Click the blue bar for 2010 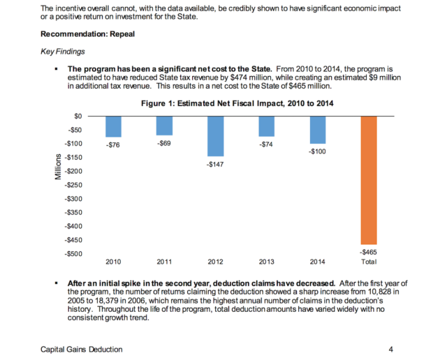point(113,126)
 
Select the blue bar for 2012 point(216,136)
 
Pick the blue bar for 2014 point(318,130)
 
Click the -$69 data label point(164,142)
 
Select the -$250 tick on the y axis point(73,185)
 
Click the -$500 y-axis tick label point(73,253)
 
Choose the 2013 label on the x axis point(266,262)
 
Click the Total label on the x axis point(369,262)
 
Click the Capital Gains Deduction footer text point(82,349)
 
